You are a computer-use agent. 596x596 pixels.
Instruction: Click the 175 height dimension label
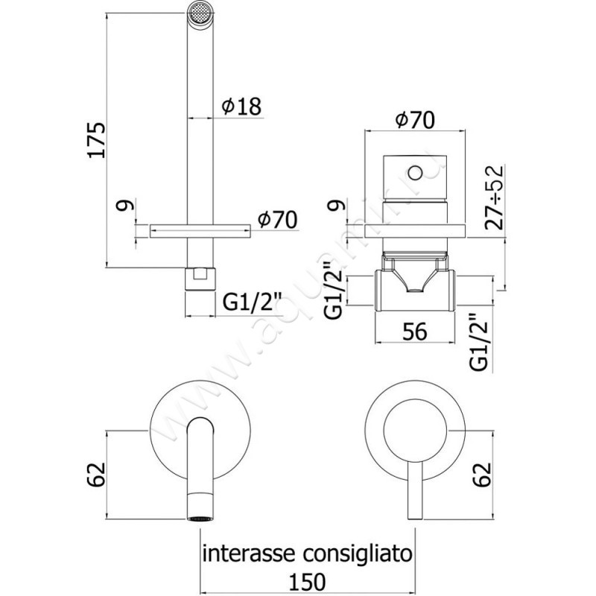[98, 139]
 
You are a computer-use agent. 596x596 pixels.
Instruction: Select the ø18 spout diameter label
[241, 107]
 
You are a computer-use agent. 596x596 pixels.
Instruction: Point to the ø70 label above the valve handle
[414, 119]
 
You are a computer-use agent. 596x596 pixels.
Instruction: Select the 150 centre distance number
[308, 580]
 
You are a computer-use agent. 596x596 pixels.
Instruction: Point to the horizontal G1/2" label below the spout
[253, 302]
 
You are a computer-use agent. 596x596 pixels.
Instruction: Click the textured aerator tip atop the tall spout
[197, 13]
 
